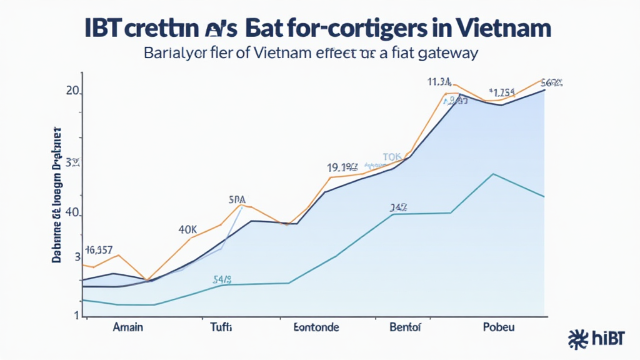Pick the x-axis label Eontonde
(x=316, y=327)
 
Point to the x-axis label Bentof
(x=405, y=327)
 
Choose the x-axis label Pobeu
(x=498, y=327)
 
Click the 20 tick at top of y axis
(x=72, y=91)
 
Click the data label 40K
(x=187, y=229)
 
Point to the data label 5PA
(x=237, y=200)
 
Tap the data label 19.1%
(x=342, y=167)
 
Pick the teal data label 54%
(x=223, y=279)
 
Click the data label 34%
(x=398, y=207)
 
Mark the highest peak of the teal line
(x=493, y=174)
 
